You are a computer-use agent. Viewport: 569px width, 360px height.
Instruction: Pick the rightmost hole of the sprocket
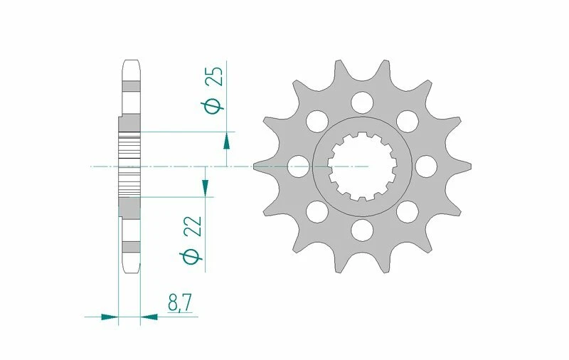pos(426,166)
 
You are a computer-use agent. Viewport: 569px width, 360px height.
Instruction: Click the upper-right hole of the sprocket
pos(408,120)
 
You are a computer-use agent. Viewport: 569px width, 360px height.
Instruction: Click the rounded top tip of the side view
pos(131,63)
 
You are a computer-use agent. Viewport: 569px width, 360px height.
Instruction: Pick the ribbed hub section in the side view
pos(129,166)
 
